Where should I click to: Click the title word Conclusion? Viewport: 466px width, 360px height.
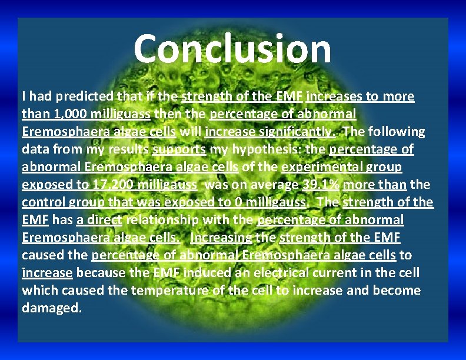(x=232, y=49)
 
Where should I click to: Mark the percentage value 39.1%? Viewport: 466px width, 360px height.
(x=321, y=185)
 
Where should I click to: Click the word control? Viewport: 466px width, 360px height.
(x=43, y=202)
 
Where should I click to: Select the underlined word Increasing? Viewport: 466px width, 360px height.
(x=221, y=238)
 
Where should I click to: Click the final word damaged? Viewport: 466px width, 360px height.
(x=52, y=308)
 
